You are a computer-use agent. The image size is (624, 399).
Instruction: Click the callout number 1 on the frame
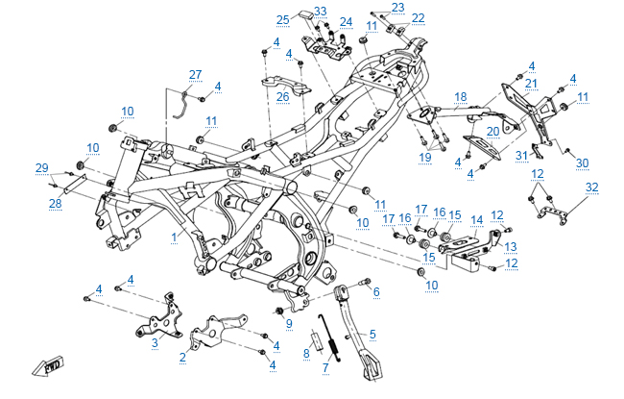(x=174, y=235)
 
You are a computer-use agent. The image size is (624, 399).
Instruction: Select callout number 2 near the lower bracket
(x=183, y=357)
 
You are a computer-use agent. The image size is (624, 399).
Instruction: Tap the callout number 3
(x=155, y=341)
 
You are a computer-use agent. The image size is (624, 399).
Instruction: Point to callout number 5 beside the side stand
(x=372, y=334)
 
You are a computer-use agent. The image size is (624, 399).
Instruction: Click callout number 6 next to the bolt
(x=376, y=291)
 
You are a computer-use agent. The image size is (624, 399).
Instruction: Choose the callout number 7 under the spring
(x=326, y=367)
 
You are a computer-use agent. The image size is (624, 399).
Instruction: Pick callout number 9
(x=287, y=323)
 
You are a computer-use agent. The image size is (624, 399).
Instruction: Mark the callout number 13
(x=512, y=245)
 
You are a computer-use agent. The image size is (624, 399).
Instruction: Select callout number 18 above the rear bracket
(x=461, y=96)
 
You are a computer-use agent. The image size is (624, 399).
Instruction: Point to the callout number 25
(x=282, y=19)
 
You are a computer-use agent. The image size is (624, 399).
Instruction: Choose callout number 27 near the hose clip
(x=195, y=74)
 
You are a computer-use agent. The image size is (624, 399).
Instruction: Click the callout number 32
(x=591, y=187)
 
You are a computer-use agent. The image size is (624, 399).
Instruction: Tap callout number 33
(x=321, y=12)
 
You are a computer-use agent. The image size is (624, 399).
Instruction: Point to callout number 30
(x=582, y=162)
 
